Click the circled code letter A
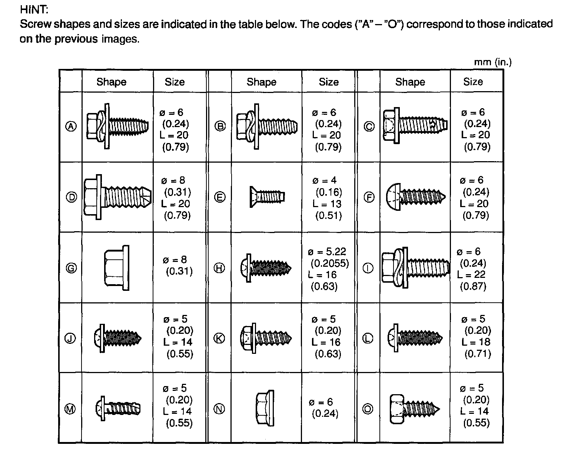[x=71, y=127]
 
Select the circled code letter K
[x=220, y=338]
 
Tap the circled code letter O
[x=368, y=409]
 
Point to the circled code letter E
[x=220, y=197]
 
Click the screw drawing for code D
[x=117, y=197]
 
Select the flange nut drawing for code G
[x=117, y=268]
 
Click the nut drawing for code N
[x=265, y=408]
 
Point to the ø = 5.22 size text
[x=327, y=252]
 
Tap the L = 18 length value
[x=476, y=342]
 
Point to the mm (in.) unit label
[x=492, y=62]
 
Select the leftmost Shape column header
[x=111, y=82]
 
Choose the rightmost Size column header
[x=473, y=82]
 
